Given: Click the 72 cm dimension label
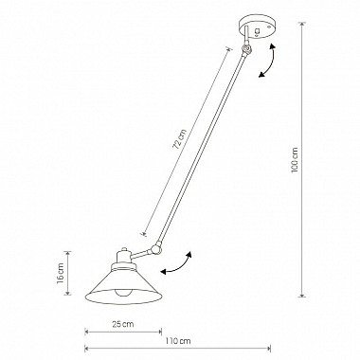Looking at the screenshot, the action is coord(180,139).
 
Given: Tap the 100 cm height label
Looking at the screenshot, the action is coord(295,160).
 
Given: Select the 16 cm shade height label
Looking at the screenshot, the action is coord(61,273).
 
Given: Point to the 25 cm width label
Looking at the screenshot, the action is coord(123,324).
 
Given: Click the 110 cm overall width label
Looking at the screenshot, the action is coord(178,341).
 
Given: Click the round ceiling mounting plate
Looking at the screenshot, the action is coord(257,28).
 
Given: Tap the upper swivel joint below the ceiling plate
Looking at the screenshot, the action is coord(246,49).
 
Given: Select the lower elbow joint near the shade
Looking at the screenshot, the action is coord(156,249).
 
